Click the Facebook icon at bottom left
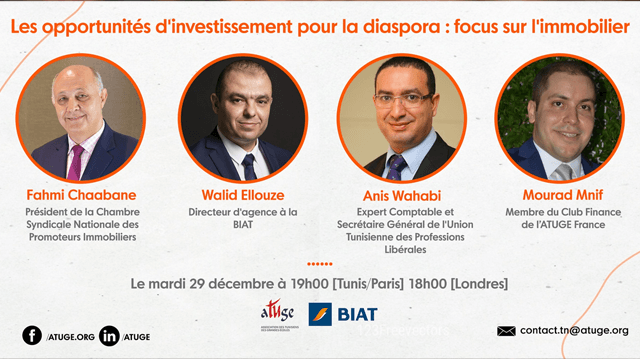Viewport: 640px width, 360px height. tap(32, 336)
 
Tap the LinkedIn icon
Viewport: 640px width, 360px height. tap(109, 336)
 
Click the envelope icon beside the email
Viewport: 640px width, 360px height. tap(506, 331)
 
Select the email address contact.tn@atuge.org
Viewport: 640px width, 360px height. tap(575, 331)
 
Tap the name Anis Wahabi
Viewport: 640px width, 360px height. tap(400, 195)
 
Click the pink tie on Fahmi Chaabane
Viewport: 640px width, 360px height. tap(75, 160)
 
